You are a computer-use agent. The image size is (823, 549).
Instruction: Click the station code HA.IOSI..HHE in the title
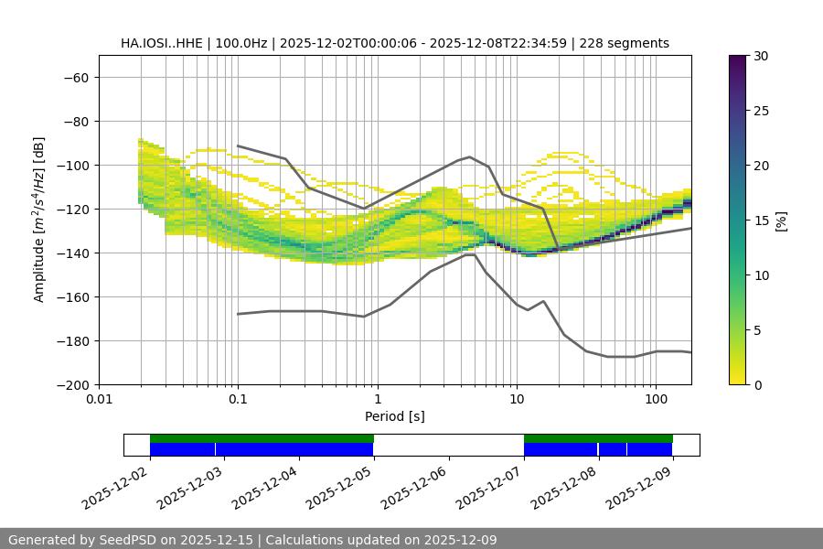[164, 43]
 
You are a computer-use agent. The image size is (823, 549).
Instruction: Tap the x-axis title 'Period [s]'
[395, 416]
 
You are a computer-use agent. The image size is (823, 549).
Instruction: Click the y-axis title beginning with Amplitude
[39, 220]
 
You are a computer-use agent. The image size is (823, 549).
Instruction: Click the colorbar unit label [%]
[781, 221]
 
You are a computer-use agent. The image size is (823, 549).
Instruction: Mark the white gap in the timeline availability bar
[448, 445]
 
